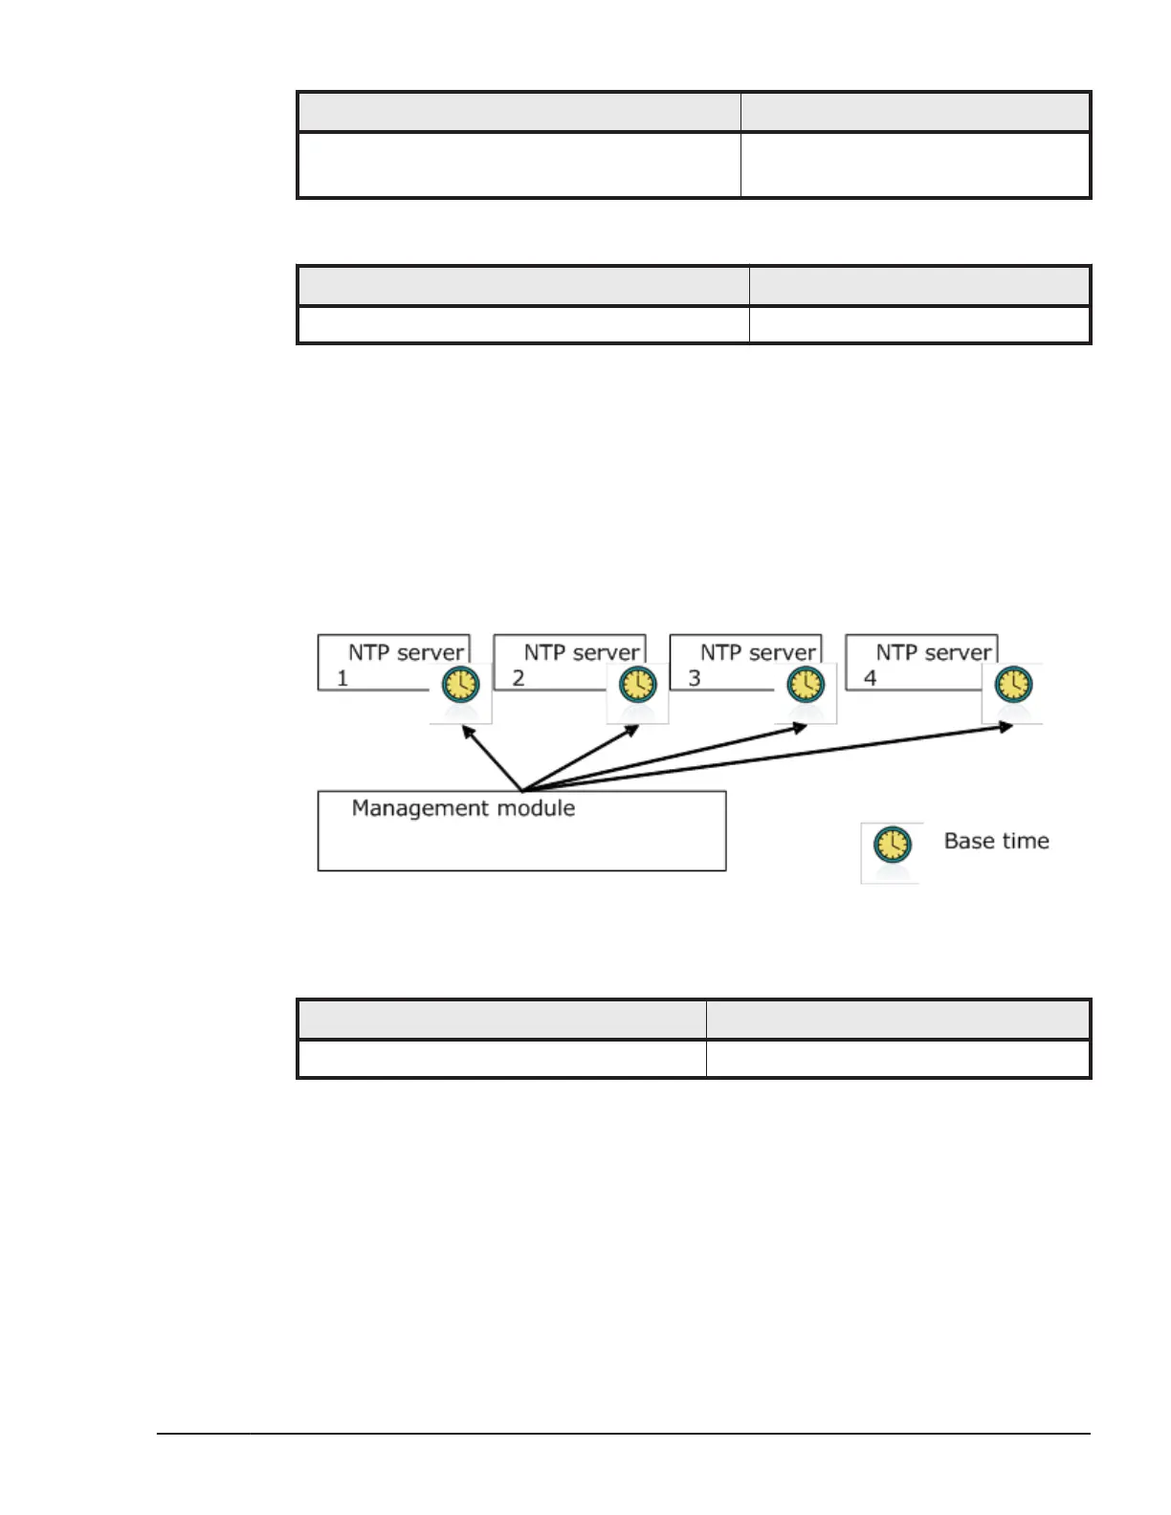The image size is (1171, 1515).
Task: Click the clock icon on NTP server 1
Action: (x=460, y=686)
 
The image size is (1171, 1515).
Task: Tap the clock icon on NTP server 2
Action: (x=637, y=686)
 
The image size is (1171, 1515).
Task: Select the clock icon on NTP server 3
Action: (x=806, y=686)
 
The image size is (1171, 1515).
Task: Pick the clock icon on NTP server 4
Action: (x=1013, y=685)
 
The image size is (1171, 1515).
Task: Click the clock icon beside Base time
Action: (x=892, y=845)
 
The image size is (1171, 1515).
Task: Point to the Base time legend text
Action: (x=996, y=841)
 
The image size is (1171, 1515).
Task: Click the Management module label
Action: (x=463, y=808)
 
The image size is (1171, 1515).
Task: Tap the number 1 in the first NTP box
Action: (x=342, y=679)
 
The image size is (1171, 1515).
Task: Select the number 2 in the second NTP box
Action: (x=519, y=679)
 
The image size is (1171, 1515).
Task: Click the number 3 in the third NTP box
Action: (x=695, y=679)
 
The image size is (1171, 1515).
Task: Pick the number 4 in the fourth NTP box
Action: (x=871, y=679)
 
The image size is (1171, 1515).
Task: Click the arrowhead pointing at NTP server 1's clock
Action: (x=467, y=732)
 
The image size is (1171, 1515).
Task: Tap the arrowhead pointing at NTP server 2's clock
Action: (x=632, y=730)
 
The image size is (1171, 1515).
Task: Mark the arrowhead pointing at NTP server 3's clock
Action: (x=801, y=728)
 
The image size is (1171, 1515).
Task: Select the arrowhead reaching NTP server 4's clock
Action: (x=1006, y=726)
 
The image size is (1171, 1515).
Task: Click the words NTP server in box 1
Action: (x=406, y=653)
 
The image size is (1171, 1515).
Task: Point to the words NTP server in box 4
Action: (x=934, y=653)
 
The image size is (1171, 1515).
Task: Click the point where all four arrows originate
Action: (x=522, y=790)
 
